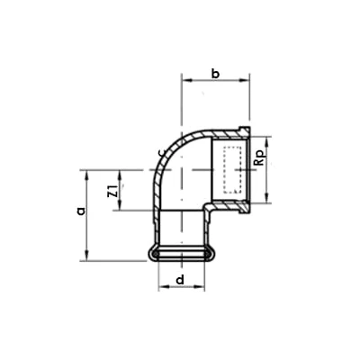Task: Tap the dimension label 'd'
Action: coord(181,280)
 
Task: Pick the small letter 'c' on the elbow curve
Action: coord(159,154)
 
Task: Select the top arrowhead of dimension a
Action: coord(88,173)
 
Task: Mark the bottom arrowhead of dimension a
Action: coord(88,256)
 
